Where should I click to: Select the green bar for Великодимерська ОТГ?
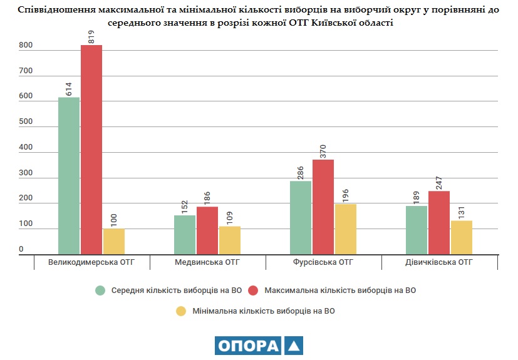pos(69,175)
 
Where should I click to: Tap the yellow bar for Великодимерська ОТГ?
pos(113,241)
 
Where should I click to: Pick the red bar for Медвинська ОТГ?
pos(207,230)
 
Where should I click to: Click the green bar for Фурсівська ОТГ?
pos(301,217)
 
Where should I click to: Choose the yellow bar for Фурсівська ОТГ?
pos(346,229)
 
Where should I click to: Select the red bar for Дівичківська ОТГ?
pos(439,222)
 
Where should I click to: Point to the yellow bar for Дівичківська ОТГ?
pos(462,237)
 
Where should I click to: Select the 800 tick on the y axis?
pos(25,46)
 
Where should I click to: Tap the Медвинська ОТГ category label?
pos(207,262)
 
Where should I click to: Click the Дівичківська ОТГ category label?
pos(439,262)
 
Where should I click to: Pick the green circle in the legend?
pos(100,291)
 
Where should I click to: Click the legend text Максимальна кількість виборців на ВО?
pos(340,291)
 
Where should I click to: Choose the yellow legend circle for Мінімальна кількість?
pos(181,311)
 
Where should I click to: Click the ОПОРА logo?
pos(259,346)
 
